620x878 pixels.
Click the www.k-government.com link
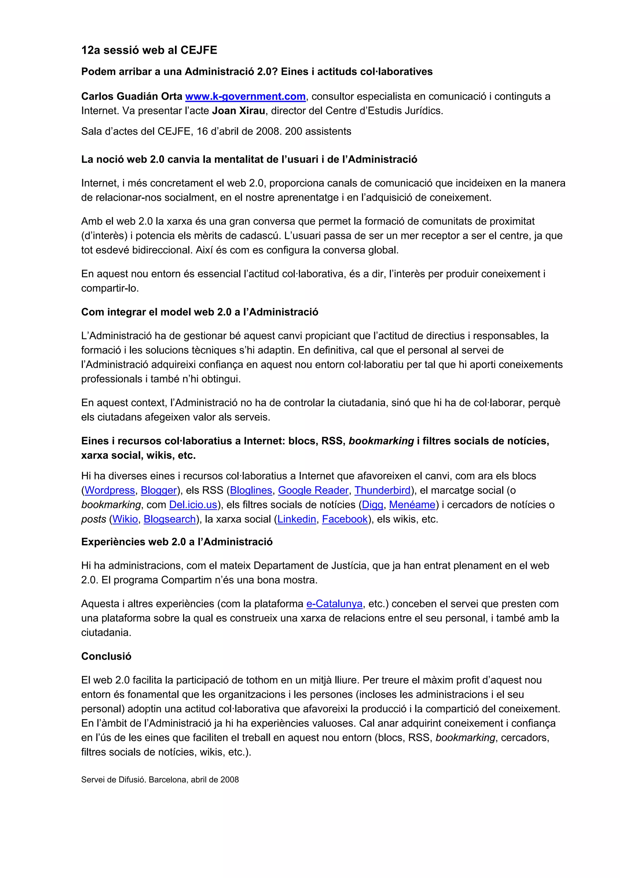[245, 96]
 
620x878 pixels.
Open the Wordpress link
[110, 490]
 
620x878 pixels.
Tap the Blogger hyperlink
[159, 490]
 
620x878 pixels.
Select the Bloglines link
[251, 490]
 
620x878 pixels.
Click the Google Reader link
[313, 490]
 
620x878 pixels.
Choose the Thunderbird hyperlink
[382, 490]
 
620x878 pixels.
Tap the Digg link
[372, 505]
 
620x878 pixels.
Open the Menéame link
[412, 505]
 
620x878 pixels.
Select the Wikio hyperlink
[125, 519]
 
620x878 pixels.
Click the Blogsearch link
[170, 519]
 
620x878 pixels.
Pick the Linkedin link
[297, 519]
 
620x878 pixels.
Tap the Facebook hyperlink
[345, 519]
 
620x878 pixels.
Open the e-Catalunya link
[334, 604]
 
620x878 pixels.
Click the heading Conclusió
[106, 656]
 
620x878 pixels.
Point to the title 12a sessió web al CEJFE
[149, 50]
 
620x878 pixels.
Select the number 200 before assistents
[293, 132]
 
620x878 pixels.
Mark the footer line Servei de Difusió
[160, 780]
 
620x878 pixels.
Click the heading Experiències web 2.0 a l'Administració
[177, 542]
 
